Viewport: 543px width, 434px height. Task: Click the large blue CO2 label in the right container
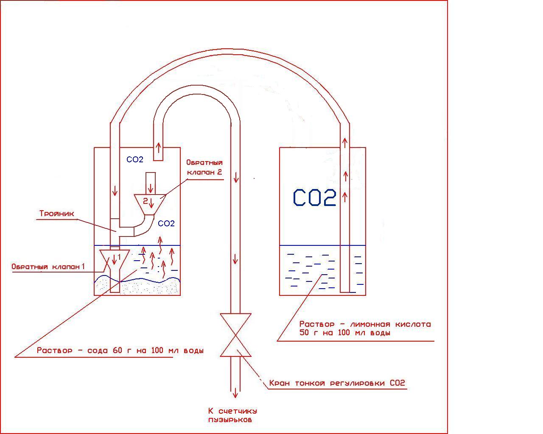tap(315, 198)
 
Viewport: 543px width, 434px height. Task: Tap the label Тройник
tap(57, 214)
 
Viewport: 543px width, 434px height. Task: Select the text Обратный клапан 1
tap(48, 267)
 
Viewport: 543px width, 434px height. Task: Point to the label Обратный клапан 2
tap(204, 167)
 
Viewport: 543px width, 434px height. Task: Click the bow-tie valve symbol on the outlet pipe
tap(235, 335)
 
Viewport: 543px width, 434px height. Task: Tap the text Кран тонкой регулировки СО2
tap(337, 383)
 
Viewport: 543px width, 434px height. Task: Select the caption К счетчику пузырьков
tap(232, 415)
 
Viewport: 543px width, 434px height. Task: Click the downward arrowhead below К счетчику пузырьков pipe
tap(235, 394)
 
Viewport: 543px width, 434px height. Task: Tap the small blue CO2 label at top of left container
tap(135, 160)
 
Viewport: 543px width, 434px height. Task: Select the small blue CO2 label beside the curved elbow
tap(166, 223)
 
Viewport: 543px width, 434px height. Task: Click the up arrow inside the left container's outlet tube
tap(158, 148)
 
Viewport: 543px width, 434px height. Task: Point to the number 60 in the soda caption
tap(118, 351)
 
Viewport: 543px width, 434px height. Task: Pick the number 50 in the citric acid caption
tap(305, 333)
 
